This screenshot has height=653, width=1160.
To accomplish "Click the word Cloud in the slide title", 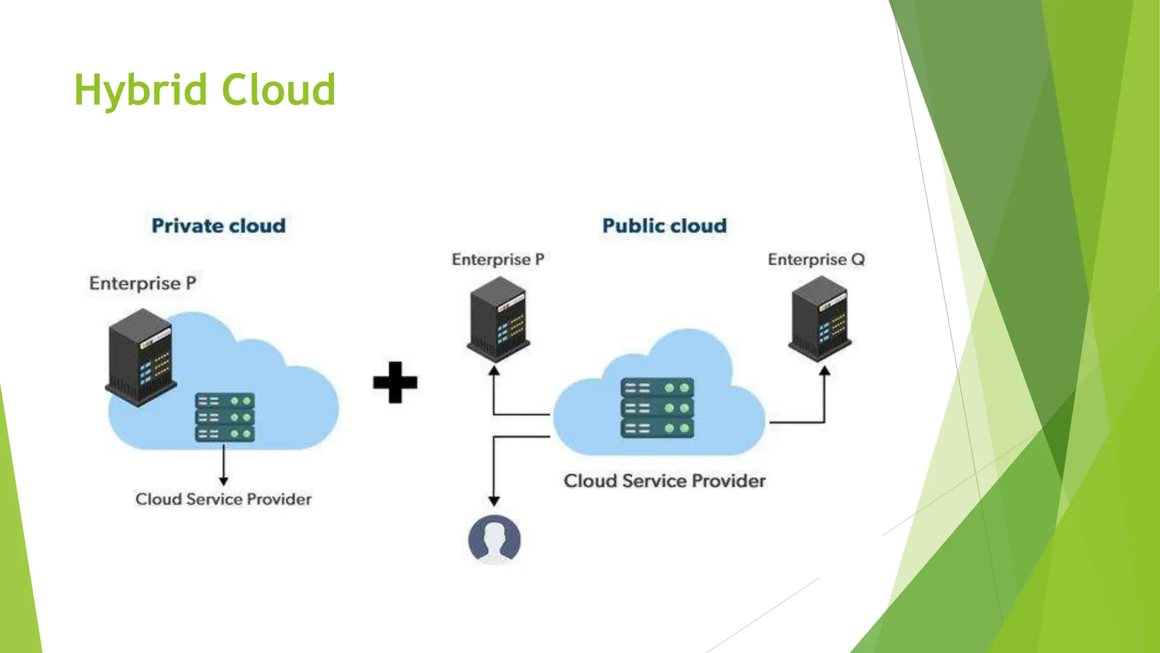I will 279,90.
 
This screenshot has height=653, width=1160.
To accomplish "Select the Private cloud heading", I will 219,226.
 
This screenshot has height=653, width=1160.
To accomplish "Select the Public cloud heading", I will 664,226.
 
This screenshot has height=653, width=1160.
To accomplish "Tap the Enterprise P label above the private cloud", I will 143,283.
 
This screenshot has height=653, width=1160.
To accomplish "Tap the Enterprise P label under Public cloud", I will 498,260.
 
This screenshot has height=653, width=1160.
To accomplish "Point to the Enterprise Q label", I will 816,260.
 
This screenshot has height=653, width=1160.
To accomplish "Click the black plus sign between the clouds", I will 395,382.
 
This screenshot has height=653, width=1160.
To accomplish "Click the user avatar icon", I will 494,539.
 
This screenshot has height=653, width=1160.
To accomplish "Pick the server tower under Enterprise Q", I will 820,319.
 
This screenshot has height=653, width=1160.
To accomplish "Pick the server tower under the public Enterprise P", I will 498,319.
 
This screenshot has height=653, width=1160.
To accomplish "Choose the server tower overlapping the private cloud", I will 140,357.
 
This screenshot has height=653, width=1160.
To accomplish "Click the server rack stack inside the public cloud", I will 657,408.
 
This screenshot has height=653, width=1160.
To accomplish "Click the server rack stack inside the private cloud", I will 225,417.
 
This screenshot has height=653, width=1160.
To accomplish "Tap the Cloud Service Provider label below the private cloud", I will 223,499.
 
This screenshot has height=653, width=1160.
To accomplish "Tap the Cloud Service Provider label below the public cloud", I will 664,481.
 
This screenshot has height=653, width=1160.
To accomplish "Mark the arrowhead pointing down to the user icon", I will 494,501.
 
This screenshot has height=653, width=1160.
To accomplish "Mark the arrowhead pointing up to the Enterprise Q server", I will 825,371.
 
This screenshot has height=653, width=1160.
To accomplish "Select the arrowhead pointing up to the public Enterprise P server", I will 494,371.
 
